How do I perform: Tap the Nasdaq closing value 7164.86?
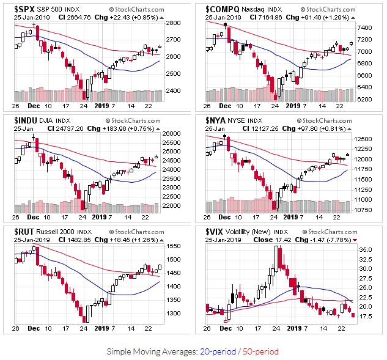click(x=282, y=18)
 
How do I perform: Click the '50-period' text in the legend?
click(x=260, y=351)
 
